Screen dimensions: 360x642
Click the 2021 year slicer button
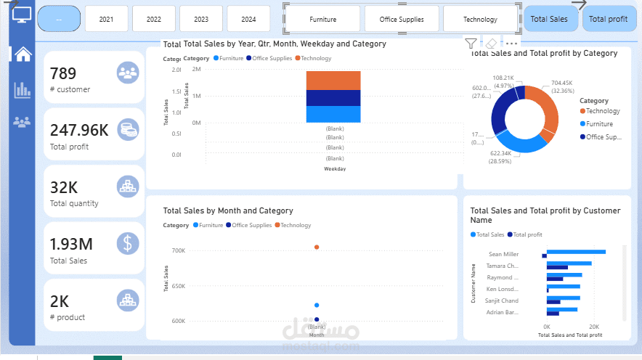point(106,19)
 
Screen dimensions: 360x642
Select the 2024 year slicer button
point(248,19)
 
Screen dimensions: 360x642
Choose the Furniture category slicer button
point(322,19)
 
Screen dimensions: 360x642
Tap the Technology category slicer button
point(480,19)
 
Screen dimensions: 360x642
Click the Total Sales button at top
point(549,19)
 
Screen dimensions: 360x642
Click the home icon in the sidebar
point(23,54)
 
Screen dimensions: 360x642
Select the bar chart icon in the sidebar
point(23,89)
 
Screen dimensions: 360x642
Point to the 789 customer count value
point(63,73)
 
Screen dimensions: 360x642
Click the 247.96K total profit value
point(79,130)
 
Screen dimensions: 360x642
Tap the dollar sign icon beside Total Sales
point(128,242)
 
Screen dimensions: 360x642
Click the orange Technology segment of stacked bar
point(333,80)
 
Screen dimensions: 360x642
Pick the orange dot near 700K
point(317,247)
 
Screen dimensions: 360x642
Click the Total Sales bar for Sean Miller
point(576,252)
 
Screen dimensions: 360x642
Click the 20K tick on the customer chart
point(593,327)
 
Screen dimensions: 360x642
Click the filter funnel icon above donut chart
point(471,44)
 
